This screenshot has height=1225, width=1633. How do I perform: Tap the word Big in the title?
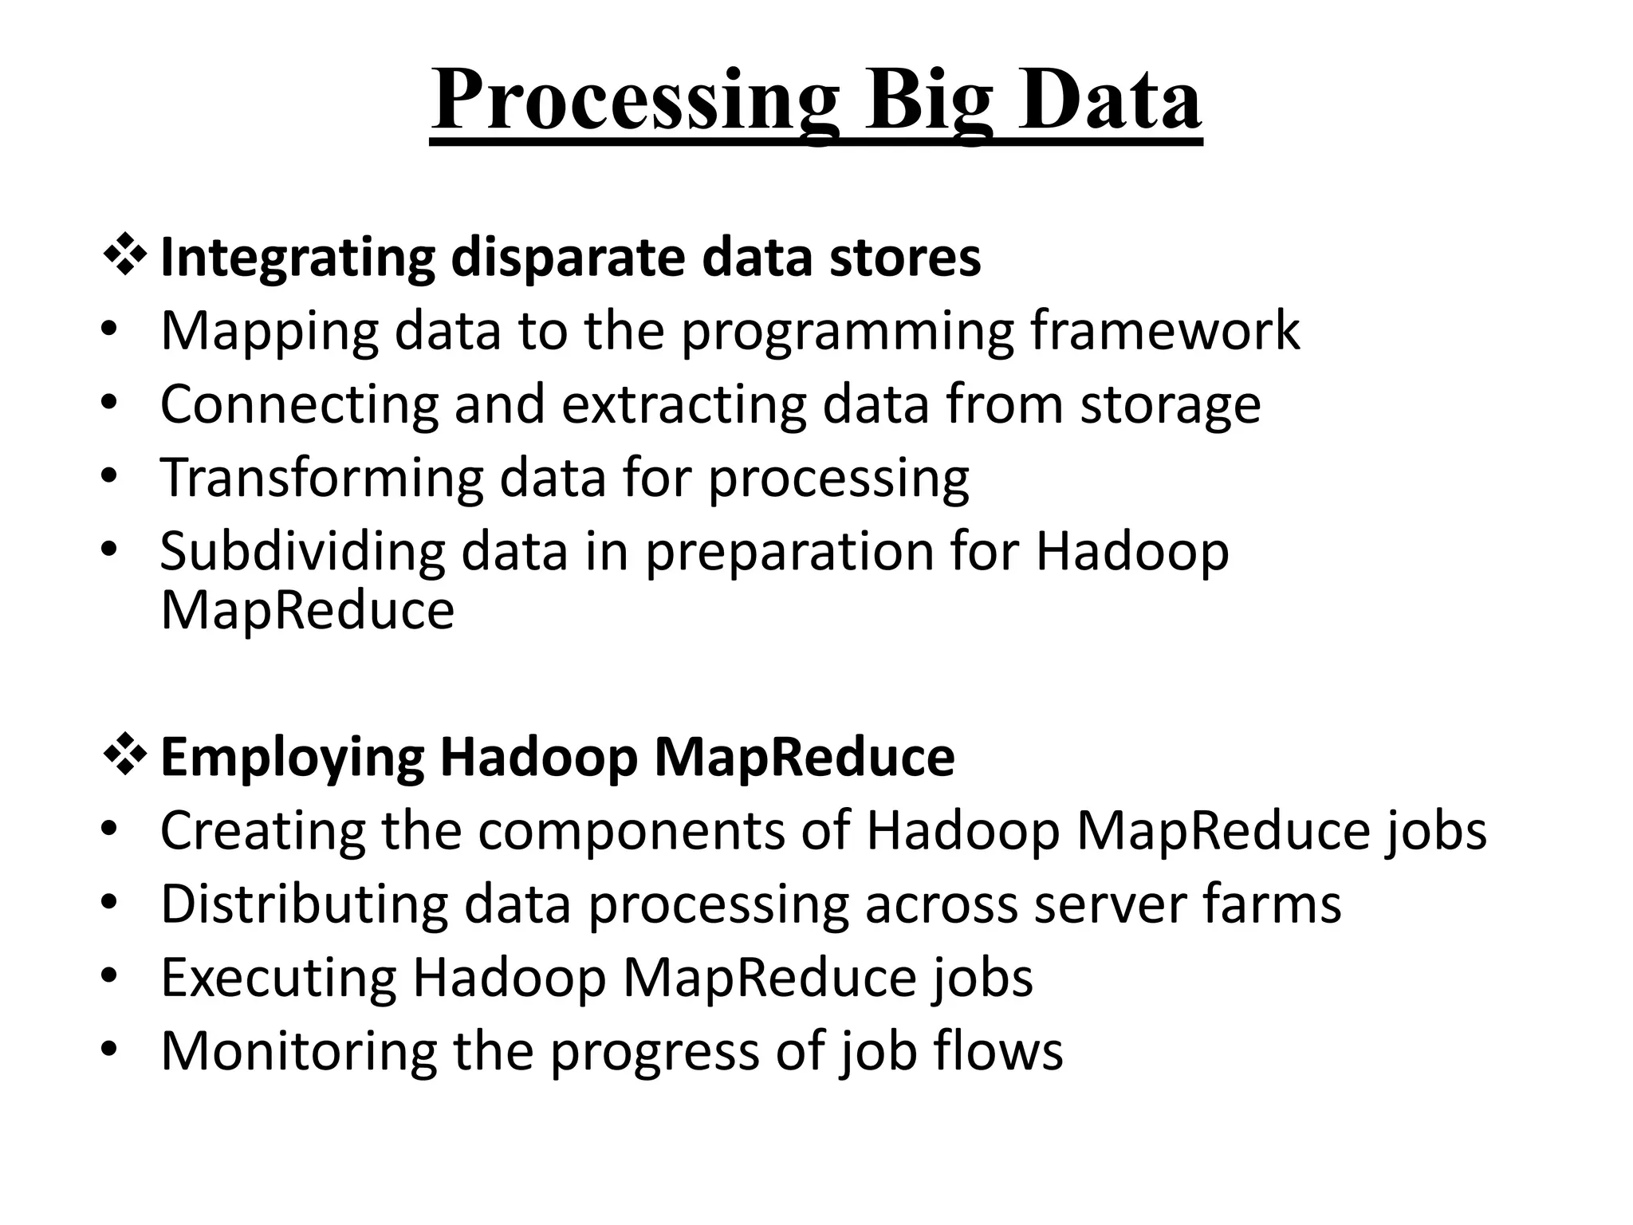(x=930, y=101)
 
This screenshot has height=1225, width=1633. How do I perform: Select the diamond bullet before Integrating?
(x=124, y=258)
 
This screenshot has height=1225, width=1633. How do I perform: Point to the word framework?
(x=1165, y=330)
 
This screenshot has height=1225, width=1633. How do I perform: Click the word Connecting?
(x=299, y=404)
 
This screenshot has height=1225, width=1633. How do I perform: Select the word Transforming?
(x=322, y=478)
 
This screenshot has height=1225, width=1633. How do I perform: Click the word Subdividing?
(x=302, y=551)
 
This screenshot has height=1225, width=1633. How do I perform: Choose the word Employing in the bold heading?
(x=293, y=758)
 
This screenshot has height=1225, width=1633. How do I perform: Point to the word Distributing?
(x=304, y=904)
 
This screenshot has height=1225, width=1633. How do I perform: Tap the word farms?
(x=1272, y=904)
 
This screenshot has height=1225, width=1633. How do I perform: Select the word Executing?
(x=278, y=978)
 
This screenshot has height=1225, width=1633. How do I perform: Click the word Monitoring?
(x=298, y=1051)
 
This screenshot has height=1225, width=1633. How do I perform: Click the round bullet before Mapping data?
(x=110, y=330)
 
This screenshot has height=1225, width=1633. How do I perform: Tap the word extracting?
(x=684, y=404)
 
